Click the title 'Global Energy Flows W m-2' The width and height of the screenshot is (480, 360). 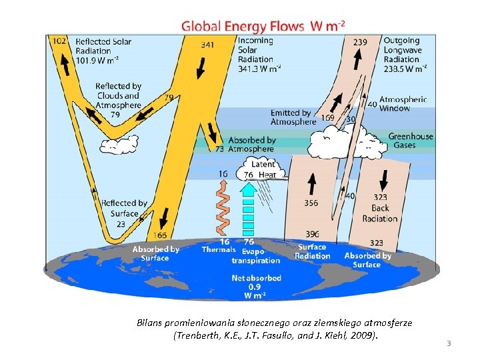coord(263,27)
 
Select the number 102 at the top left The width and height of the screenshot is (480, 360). coord(59,41)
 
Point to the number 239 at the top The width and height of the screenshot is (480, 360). coord(359,42)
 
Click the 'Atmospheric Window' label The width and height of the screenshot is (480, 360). coord(403,103)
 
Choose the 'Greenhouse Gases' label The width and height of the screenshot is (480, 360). coord(411,141)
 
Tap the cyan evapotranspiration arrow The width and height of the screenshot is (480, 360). coord(248,207)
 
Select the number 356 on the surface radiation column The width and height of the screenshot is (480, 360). coord(311,203)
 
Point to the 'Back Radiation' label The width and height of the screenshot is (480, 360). coord(380,213)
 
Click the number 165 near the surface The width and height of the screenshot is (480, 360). coord(160,235)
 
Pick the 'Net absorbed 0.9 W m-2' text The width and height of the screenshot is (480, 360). coord(256,286)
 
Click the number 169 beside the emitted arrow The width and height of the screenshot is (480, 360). coord(327,118)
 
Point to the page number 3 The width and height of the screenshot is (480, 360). coord(449,343)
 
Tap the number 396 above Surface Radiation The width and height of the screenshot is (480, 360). coord(311,235)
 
